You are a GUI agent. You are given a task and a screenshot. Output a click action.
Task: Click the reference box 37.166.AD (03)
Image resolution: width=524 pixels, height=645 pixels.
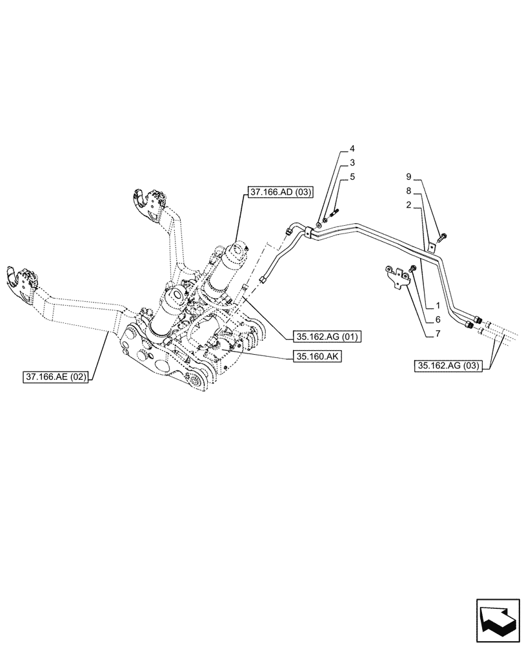tap(279, 192)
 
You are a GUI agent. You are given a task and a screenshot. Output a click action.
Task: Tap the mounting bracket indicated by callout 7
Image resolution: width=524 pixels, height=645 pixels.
tap(396, 275)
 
